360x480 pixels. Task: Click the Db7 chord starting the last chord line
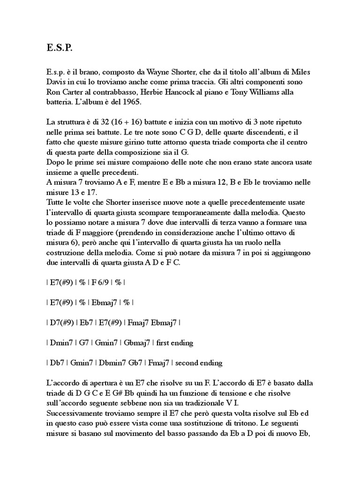[57, 363]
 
